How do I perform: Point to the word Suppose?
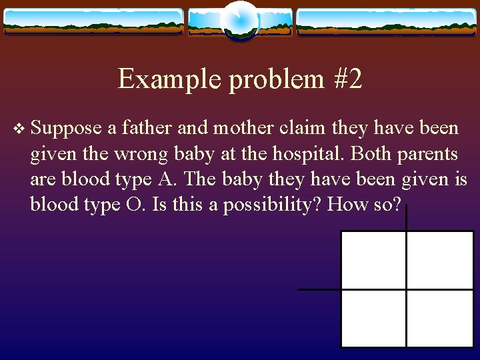click(66, 127)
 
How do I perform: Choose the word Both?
click(371, 153)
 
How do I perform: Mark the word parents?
click(428, 153)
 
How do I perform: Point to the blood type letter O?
click(133, 204)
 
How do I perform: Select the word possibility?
click(272, 204)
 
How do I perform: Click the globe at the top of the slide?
click(239, 21)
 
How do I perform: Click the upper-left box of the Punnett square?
click(373, 260)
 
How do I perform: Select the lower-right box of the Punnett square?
click(439, 318)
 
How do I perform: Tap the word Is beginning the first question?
click(159, 204)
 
